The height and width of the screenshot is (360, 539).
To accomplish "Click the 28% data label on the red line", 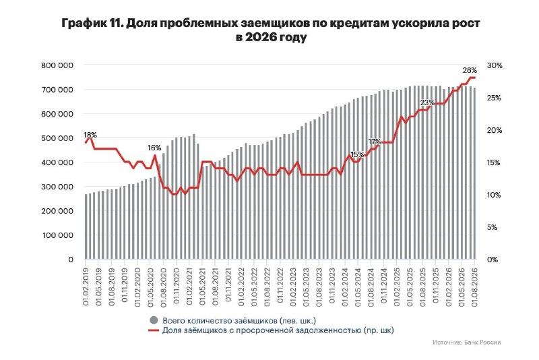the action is [470, 70].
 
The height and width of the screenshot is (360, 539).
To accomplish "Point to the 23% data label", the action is [427, 102].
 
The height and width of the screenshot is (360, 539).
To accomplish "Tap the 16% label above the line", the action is [154, 148].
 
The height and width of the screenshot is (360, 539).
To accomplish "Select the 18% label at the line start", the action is [90, 135].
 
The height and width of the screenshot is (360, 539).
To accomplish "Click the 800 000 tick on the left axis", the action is [57, 65].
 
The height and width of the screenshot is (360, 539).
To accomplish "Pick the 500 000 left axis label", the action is [57, 138].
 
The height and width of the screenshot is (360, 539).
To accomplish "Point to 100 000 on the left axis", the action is [57, 235].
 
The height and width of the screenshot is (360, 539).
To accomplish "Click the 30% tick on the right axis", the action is [495, 65].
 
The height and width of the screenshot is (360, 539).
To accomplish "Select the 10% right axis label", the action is [494, 195].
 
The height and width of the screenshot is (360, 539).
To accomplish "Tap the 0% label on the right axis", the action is [493, 260].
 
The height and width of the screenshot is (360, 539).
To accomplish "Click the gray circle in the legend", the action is [154, 320].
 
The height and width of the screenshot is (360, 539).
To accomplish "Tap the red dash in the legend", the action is [154, 330].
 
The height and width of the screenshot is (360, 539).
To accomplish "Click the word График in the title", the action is [80, 24].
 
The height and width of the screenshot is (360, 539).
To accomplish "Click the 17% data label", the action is [375, 142].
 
